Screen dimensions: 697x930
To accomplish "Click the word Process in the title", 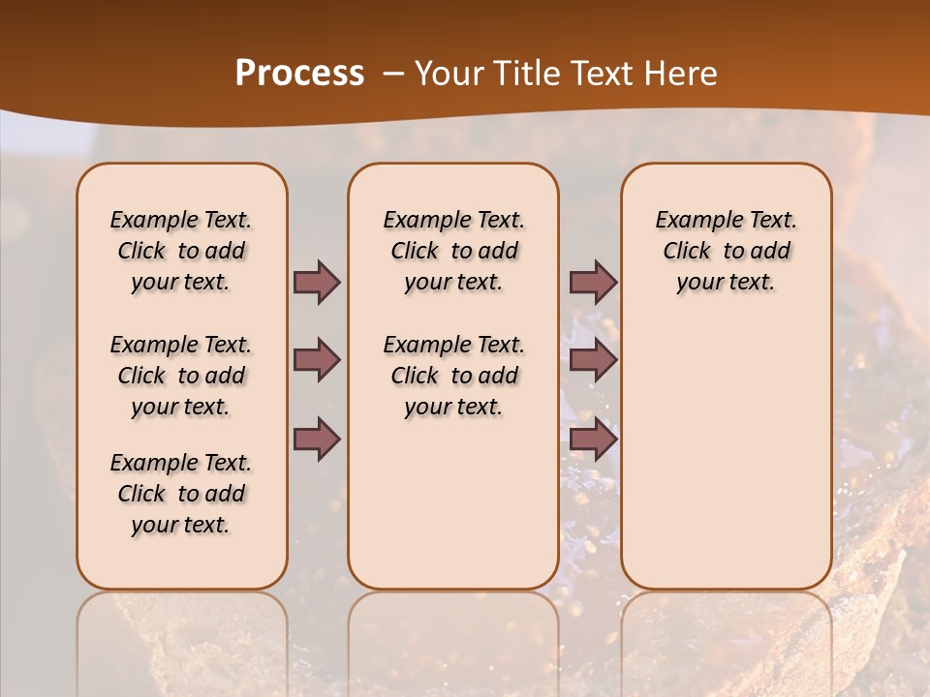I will pos(299,74).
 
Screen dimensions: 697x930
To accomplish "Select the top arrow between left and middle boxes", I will pos(317,282).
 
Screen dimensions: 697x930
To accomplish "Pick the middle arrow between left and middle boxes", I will pos(317,360).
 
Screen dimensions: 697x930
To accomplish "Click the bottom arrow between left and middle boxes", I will pos(317,439).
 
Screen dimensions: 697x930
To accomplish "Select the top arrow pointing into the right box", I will pos(593,282).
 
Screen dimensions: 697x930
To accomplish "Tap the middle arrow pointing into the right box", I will pos(593,360).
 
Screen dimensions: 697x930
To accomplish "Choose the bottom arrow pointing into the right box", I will pos(593,439).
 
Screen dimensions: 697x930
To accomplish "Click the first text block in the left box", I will pos(181,251).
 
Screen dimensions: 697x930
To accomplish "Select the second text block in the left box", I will pos(181,376).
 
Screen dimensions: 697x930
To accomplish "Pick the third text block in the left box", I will pos(181,494).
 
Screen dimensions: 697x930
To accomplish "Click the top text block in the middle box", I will pos(453,251).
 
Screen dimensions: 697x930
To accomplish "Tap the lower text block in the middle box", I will pos(453,376).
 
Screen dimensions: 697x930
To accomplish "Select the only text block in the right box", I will pos(726,251).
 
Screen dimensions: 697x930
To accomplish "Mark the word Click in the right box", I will pos(687,252).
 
